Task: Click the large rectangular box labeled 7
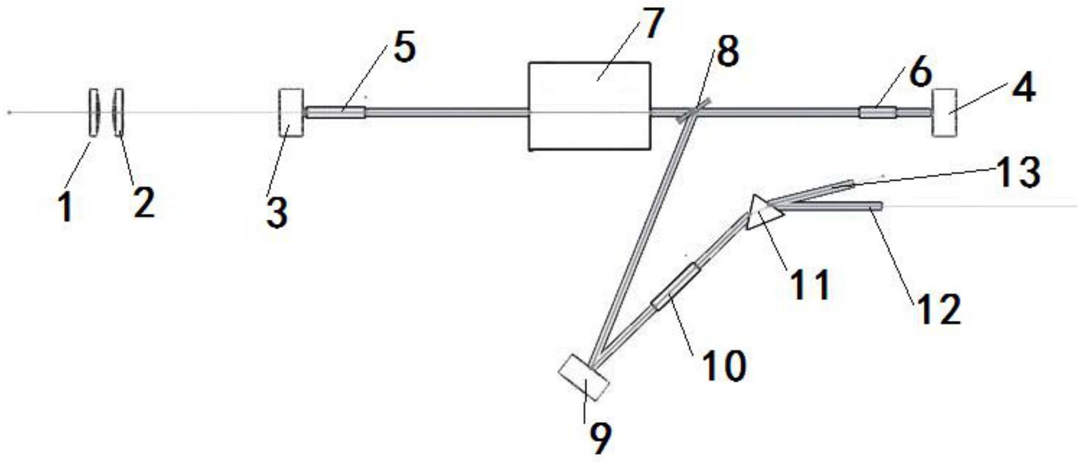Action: [589, 106]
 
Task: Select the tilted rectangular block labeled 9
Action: [583, 377]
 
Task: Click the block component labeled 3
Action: [291, 113]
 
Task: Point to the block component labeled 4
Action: [944, 113]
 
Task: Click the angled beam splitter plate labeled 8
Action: [693, 110]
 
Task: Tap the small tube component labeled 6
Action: [877, 113]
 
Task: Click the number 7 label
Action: [652, 23]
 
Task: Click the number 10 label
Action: [724, 366]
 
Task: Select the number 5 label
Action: [404, 48]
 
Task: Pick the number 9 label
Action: [600, 438]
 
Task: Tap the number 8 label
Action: [727, 52]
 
